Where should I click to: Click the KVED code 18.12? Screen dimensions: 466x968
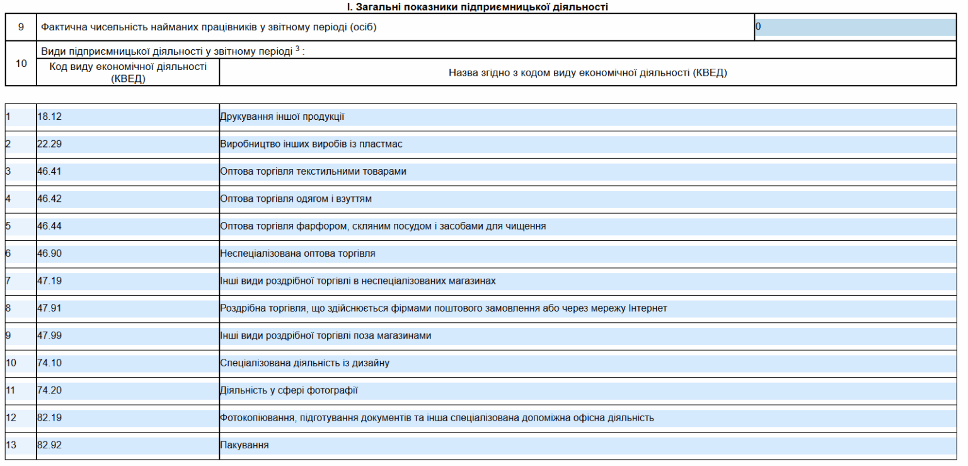coord(49,117)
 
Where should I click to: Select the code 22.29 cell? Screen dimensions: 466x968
coord(49,144)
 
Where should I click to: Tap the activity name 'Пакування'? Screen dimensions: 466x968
coord(245,445)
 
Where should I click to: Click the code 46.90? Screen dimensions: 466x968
coord(49,253)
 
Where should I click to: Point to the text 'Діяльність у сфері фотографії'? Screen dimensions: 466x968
coord(289,390)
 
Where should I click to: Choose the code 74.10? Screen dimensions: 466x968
coord(49,363)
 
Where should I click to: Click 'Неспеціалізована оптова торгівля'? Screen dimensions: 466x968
coord(297,253)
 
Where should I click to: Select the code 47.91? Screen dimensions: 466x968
coord(49,308)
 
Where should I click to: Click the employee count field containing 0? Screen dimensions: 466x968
coord(855,27)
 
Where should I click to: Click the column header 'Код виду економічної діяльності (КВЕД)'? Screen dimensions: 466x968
coord(128,73)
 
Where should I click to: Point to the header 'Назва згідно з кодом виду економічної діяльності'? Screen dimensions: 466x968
coord(587,73)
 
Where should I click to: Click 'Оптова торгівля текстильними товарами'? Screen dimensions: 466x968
coord(313,172)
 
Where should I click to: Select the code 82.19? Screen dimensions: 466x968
coord(49,417)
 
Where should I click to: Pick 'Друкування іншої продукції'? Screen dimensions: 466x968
coord(282,117)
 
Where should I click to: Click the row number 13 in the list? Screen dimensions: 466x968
coord(11,445)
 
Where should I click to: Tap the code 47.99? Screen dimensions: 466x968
coord(49,335)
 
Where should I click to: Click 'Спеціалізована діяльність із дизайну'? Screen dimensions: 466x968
coord(305,363)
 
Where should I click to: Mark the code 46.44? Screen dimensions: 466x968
coord(49,226)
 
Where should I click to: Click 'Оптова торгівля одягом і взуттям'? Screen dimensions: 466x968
coord(296,199)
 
